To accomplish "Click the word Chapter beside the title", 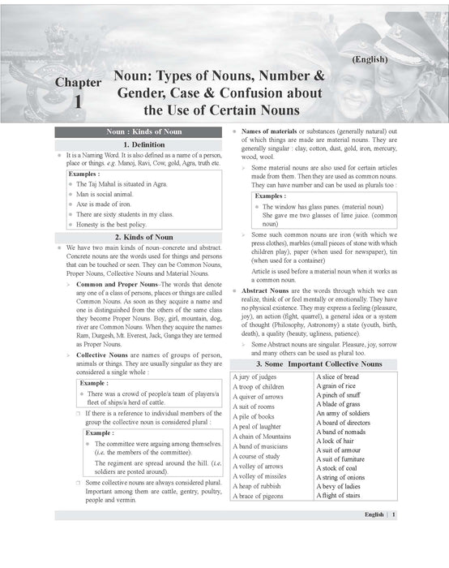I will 79,82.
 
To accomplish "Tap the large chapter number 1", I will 77,102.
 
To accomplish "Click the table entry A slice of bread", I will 337,377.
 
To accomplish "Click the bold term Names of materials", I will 268,131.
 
